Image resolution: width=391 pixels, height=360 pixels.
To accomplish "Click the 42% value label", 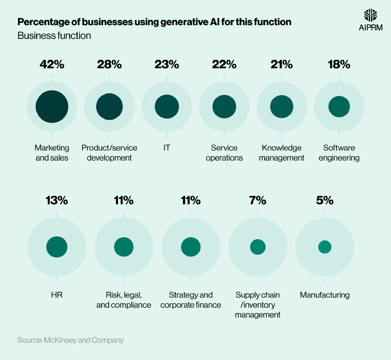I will point(52,64).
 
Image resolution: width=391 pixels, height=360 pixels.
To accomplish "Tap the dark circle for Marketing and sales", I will point(52,107).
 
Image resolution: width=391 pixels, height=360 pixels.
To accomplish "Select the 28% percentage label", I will point(109,64).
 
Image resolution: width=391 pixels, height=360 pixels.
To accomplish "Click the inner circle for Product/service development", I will point(109,107).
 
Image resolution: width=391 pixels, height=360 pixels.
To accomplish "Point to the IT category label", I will point(166,148).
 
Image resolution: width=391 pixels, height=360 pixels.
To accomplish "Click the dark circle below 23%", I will point(167,107).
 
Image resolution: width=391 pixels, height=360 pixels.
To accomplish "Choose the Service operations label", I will point(224,153).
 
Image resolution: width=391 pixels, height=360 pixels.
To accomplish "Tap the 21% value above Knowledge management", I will point(281,64).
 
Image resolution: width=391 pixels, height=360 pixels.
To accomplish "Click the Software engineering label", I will point(339,153).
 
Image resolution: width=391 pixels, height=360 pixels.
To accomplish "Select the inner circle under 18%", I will point(339,107).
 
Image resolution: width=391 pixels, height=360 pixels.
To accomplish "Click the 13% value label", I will point(57,200).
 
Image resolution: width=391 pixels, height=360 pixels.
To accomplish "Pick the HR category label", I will point(57,295).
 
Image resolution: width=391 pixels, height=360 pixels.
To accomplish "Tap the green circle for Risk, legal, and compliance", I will point(124,247).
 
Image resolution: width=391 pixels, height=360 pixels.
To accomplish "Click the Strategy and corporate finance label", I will point(191,300).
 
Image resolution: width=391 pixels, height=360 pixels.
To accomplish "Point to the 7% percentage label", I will point(258,200).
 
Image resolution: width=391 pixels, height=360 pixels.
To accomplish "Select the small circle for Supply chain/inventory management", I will point(258,247).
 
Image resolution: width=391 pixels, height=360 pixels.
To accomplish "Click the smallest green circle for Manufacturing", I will point(325,247).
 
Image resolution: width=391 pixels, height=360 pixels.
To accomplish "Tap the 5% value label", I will point(325,200).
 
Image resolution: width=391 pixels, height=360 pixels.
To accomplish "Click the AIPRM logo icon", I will point(371,16).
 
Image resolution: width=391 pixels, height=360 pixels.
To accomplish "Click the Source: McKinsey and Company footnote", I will point(70,340).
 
